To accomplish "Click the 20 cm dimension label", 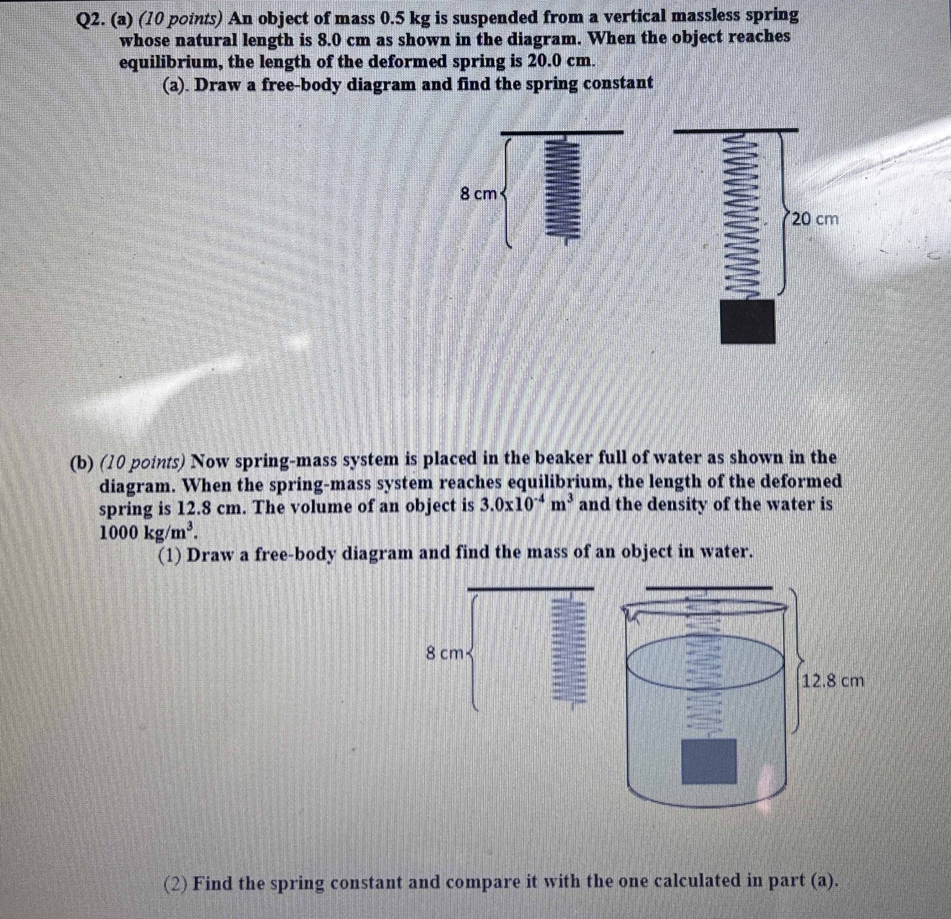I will (x=815, y=219).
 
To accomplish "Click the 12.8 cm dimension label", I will (x=832, y=681).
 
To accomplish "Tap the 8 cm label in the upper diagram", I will (x=478, y=194).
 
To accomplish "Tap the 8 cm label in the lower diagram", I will (x=445, y=654).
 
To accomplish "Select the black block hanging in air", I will (x=747, y=321).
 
